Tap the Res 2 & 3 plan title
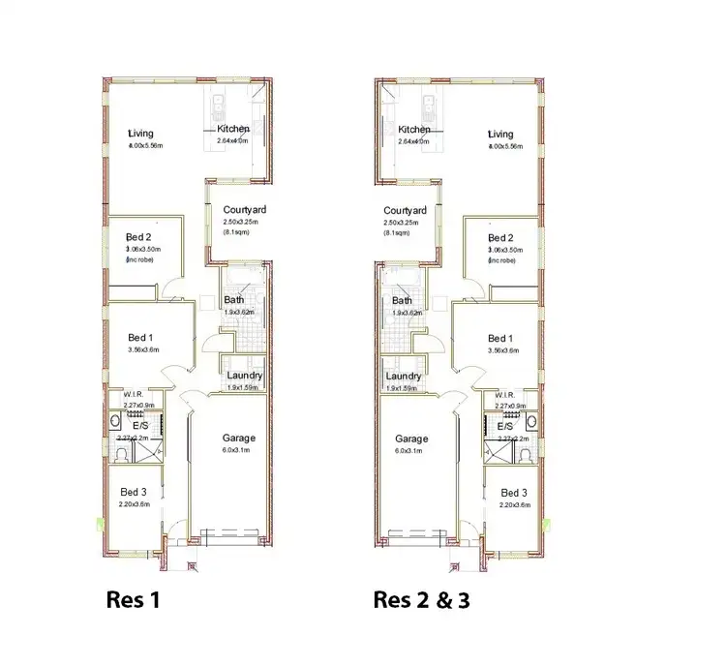tap(422, 600)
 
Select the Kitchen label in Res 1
tap(233, 129)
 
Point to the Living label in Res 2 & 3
tap(501, 134)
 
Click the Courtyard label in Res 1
tap(245, 209)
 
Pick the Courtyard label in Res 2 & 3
tap(406, 210)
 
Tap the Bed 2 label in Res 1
tap(139, 237)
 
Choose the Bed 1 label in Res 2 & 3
tap(500, 338)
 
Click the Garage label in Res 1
tap(239, 438)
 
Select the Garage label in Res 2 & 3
tap(411, 439)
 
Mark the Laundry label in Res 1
tap(243, 376)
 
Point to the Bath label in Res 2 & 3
tap(397, 300)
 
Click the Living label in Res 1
tap(142, 133)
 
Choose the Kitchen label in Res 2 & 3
tap(414, 130)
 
